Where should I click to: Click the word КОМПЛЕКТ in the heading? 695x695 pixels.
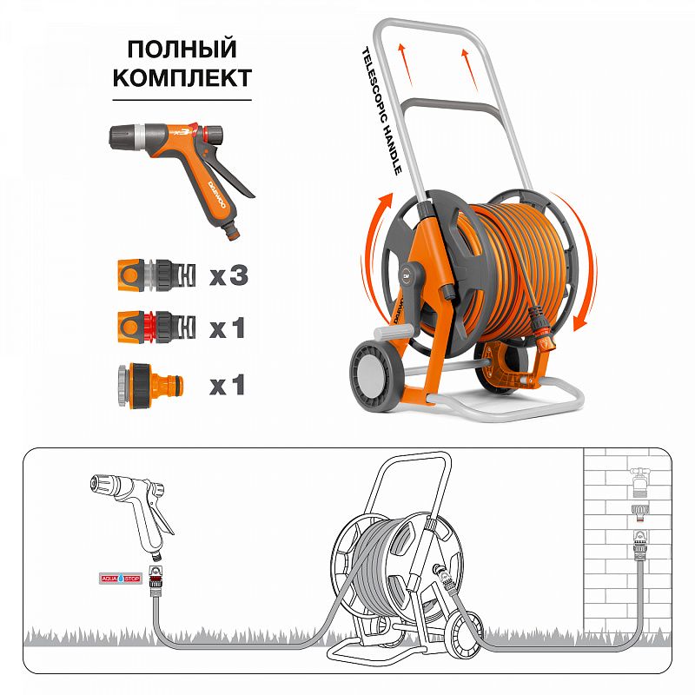(x=182, y=77)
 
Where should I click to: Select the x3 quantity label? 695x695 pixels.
(x=228, y=276)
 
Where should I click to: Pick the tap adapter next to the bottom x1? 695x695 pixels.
(x=152, y=383)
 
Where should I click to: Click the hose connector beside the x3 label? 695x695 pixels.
(x=153, y=275)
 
